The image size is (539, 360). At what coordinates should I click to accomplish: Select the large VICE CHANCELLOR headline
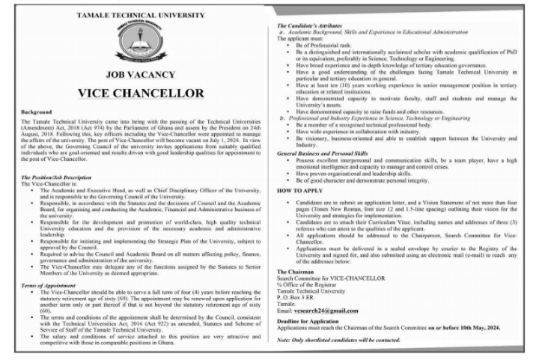pyautogui.click(x=140, y=94)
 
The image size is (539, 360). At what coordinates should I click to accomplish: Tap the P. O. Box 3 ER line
pyautogui.click(x=299, y=297)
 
